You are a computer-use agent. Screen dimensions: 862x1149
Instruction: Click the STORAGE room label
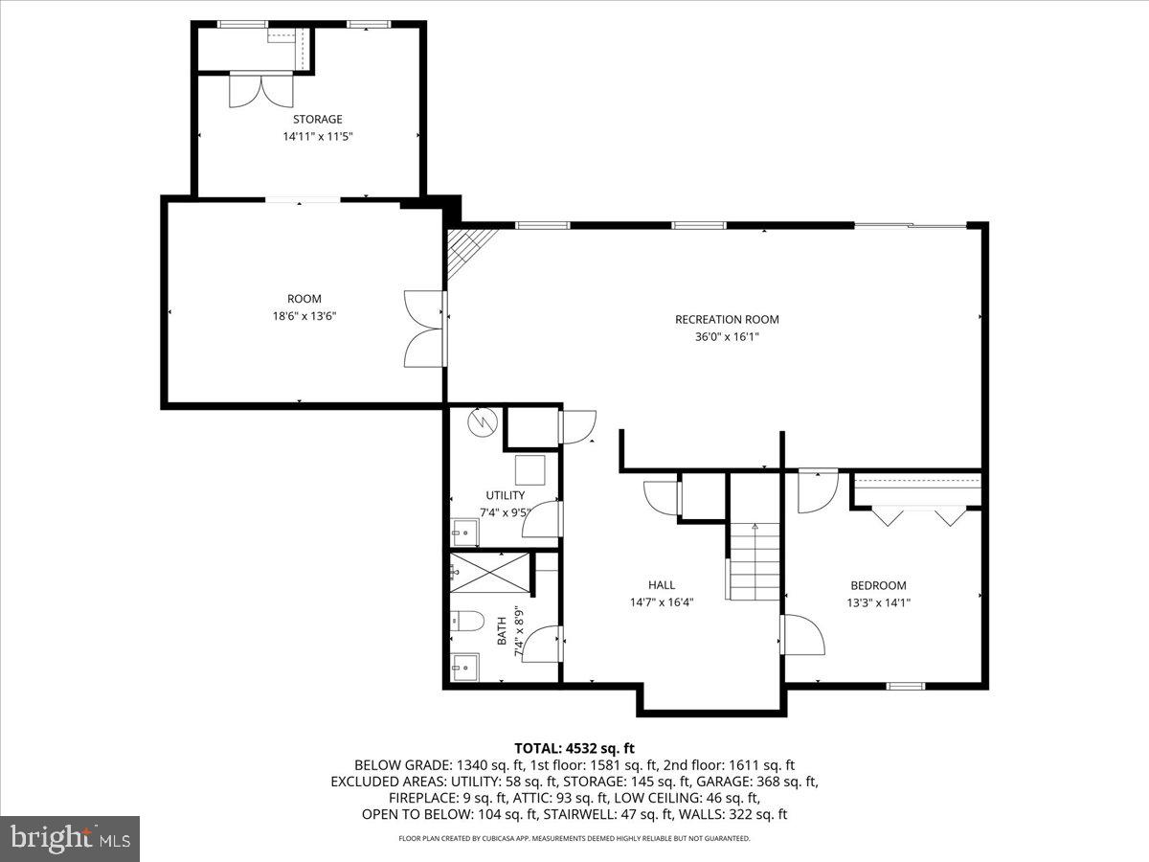click(317, 119)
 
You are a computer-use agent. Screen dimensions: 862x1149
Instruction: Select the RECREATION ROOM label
click(727, 319)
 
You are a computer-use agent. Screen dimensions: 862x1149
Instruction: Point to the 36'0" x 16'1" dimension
click(727, 336)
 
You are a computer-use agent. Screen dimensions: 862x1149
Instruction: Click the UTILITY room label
click(505, 495)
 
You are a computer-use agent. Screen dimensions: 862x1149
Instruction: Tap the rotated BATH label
click(502, 632)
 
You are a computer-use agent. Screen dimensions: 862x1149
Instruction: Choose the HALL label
click(661, 584)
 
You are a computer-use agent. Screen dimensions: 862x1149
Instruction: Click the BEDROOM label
click(878, 585)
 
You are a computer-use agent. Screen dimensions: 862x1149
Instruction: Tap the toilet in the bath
click(466, 622)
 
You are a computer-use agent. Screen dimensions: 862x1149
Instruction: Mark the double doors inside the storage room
click(259, 91)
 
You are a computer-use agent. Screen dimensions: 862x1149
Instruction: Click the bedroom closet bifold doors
click(917, 515)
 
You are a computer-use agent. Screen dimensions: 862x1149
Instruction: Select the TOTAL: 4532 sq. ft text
click(574, 748)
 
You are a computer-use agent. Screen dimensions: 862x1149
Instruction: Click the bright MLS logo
click(70, 839)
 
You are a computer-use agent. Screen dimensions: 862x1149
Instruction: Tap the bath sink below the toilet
click(466, 664)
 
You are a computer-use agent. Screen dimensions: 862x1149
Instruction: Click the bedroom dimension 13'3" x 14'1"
click(878, 602)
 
